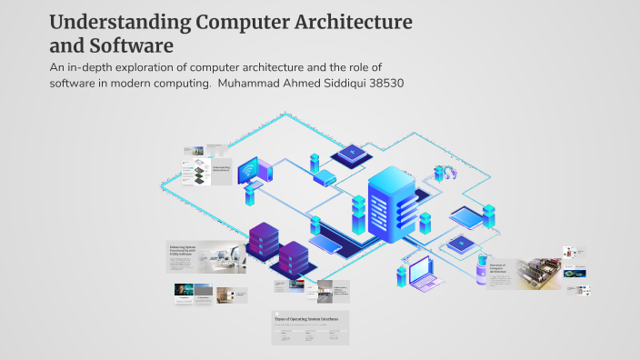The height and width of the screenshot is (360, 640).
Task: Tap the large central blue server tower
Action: (x=391, y=205)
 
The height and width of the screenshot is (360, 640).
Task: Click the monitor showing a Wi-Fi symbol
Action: (x=248, y=170)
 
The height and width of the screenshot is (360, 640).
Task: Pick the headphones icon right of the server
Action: (x=445, y=172)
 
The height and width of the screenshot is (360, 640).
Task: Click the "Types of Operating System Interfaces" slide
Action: (x=310, y=327)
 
